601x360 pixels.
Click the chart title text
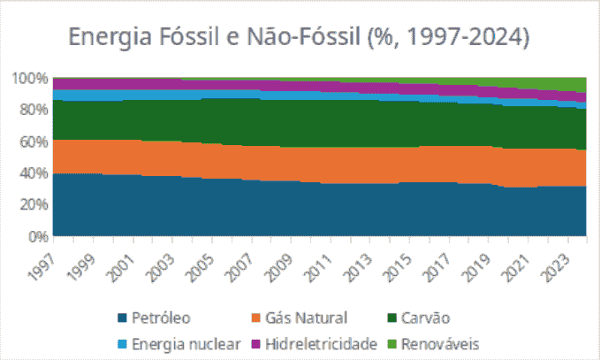tap(300, 37)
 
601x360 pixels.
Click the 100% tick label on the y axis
tap(29, 78)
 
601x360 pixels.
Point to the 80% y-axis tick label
tap(32, 110)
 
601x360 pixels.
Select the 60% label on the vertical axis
tap(32, 142)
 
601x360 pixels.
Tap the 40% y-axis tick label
tap(32, 173)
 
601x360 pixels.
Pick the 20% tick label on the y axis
tap(32, 204)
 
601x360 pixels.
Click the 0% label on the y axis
tap(36, 236)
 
